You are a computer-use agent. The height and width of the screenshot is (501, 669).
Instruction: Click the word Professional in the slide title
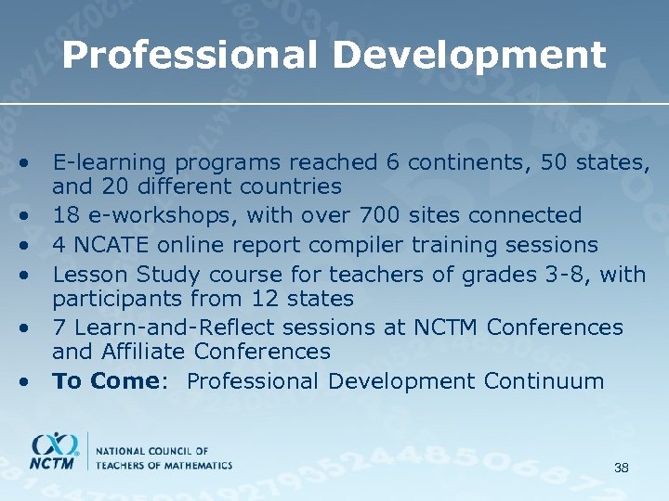click(x=191, y=56)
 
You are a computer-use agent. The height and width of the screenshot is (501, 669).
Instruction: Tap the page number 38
click(x=622, y=468)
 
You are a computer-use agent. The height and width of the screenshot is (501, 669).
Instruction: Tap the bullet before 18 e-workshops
click(x=30, y=216)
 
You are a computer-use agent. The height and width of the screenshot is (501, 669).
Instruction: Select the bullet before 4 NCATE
click(x=30, y=245)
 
